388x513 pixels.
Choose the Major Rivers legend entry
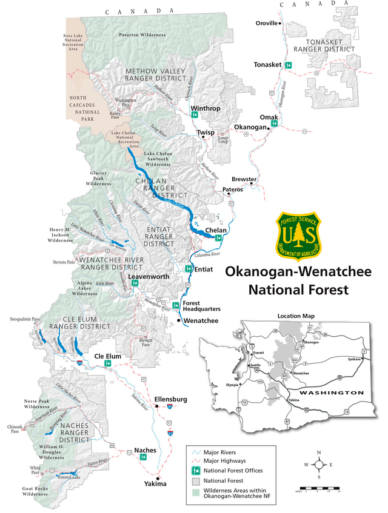(x=221, y=452)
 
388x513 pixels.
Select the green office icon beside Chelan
(x=218, y=238)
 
